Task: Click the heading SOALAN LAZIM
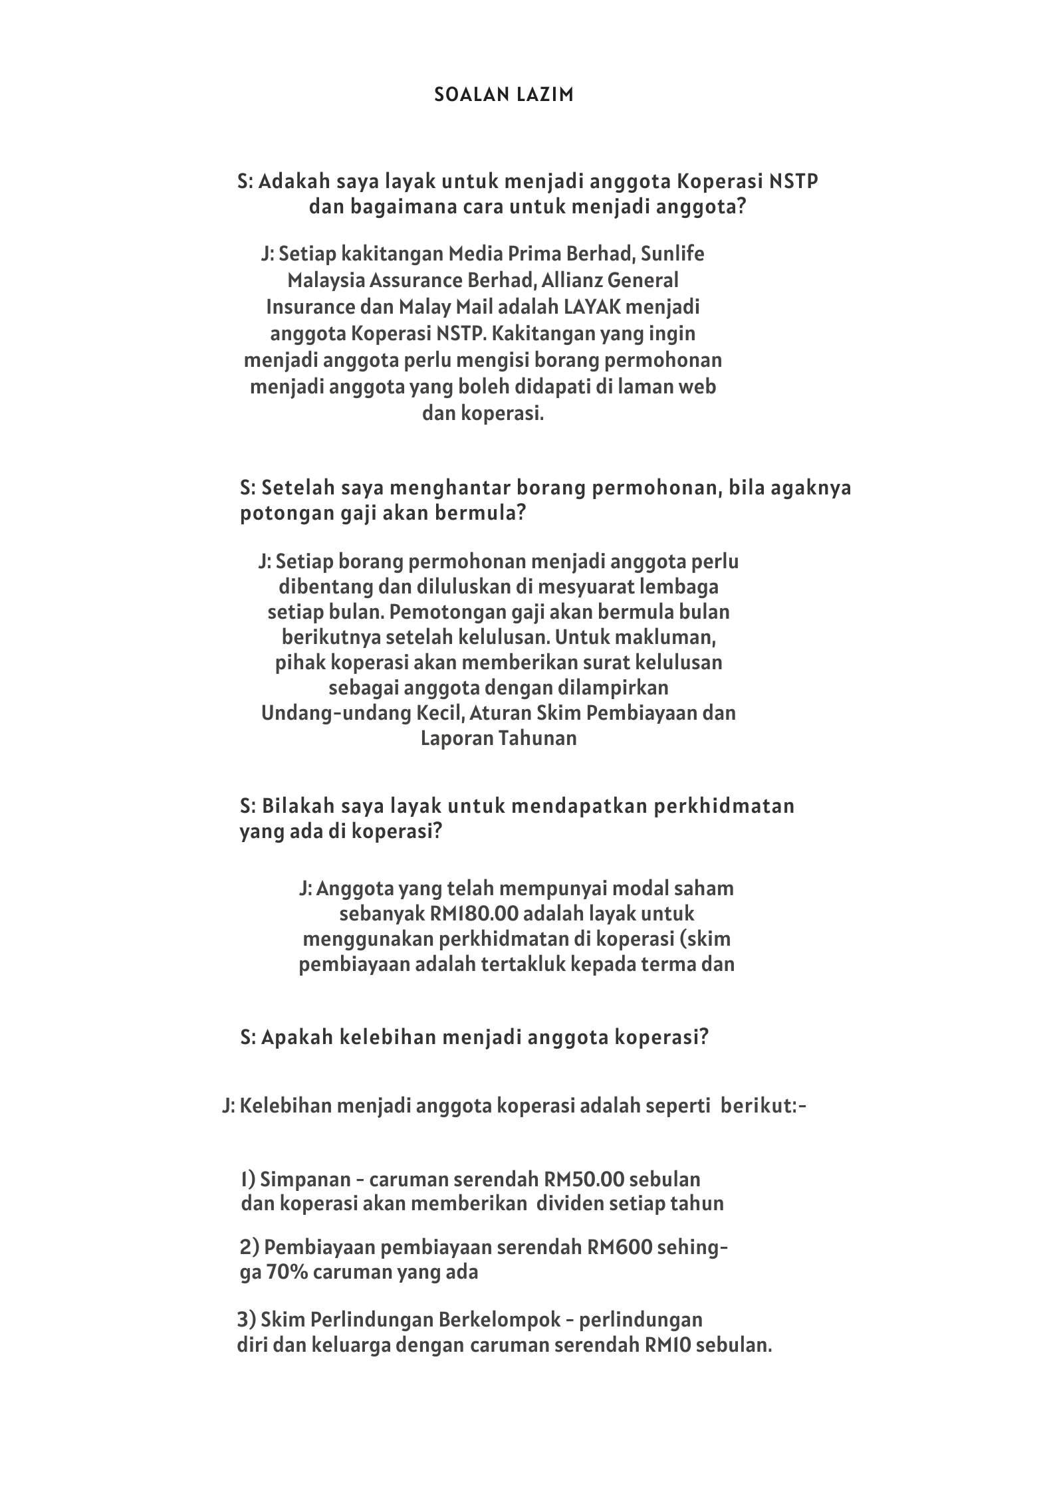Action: coord(503,95)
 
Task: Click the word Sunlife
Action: coord(674,254)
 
